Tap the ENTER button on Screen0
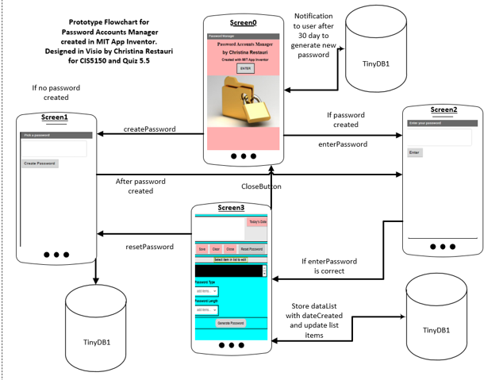pos(245,68)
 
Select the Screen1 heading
pos(55,118)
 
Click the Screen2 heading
pos(444,109)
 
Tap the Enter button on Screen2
pos(415,152)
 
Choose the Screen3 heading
pos(232,208)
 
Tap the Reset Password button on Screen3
pos(251,249)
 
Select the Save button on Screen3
pos(202,249)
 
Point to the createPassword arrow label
pos(149,129)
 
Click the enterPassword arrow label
pos(343,144)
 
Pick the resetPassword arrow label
pos(150,247)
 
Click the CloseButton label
pos(261,186)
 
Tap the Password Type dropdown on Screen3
pos(206,291)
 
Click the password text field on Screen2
pos(439,137)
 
